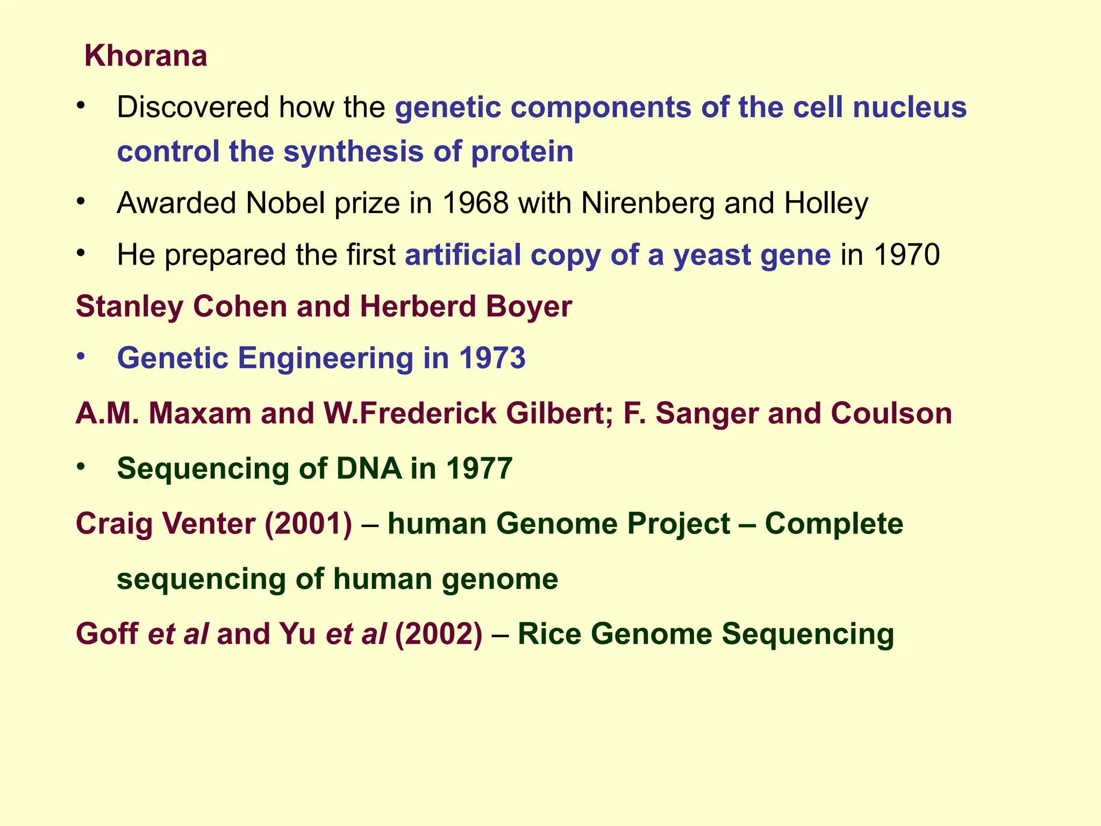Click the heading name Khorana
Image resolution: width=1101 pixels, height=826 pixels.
click(x=146, y=56)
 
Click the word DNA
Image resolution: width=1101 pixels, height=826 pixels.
click(x=368, y=468)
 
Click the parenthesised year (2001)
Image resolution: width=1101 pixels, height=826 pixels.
click(x=308, y=524)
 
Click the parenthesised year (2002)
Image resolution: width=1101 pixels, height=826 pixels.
click(x=438, y=633)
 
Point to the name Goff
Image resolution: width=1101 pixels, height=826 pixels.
click(x=107, y=633)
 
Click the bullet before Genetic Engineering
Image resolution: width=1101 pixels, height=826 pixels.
click(x=81, y=356)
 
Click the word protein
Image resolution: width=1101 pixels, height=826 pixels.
click(x=522, y=152)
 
